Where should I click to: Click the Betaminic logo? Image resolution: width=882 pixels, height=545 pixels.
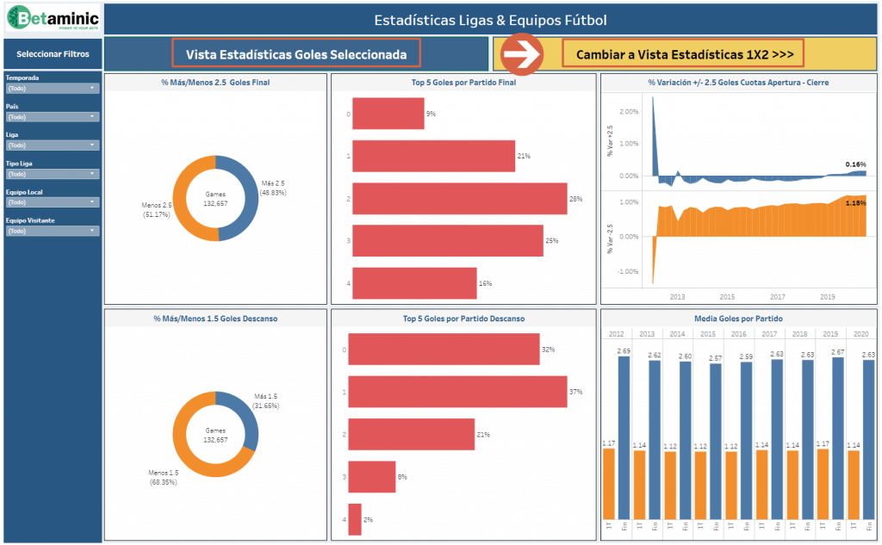pyautogui.click(x=52, y=20)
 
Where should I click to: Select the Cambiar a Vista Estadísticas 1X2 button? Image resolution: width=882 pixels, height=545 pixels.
pyautogui.click(x=683, y=54)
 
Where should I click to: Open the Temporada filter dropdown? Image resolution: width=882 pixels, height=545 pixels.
pyautogui.click(x=52, y=88)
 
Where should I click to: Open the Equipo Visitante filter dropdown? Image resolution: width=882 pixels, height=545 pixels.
pyautogui.click(x=52, y=231)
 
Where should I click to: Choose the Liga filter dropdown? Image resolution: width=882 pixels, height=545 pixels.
pyautogui.click(x=52, y=145)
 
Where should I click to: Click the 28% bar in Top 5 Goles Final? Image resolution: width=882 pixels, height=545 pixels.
pyautogui.click(x=459, y=199)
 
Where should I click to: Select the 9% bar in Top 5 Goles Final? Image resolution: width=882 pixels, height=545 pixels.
pyautogui.click(x=388, y=114)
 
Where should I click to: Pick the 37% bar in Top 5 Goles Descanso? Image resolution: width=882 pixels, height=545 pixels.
pyautogui.click(x=457, y=392)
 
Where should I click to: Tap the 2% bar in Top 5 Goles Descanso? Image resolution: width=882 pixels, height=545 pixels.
pyautogui.click(x=355, y=520)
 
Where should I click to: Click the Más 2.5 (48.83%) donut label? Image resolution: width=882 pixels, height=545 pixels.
pyautogui.click(x=273, y=189)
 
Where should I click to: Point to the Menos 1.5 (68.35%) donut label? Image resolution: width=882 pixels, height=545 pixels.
pyautogui.click(x=163, y=477)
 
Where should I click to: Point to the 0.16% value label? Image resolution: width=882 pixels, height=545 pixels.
pyautogui.click(x=855, y=164)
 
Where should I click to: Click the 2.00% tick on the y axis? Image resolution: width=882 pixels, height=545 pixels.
pyautogui.click(x=628, y=112)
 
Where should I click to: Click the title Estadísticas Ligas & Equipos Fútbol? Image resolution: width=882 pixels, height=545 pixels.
pyautogui.click(x=490, y=20)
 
